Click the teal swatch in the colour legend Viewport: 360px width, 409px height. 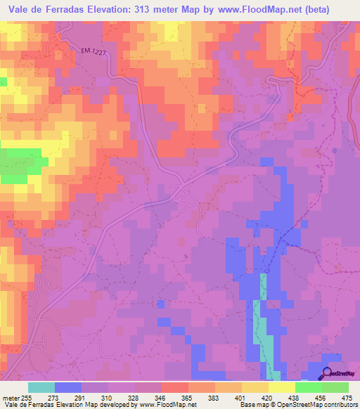click(x=41, y=387)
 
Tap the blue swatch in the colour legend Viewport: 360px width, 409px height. click(x=68, y=387)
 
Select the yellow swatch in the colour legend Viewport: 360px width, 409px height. click(x=281, y=387)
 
